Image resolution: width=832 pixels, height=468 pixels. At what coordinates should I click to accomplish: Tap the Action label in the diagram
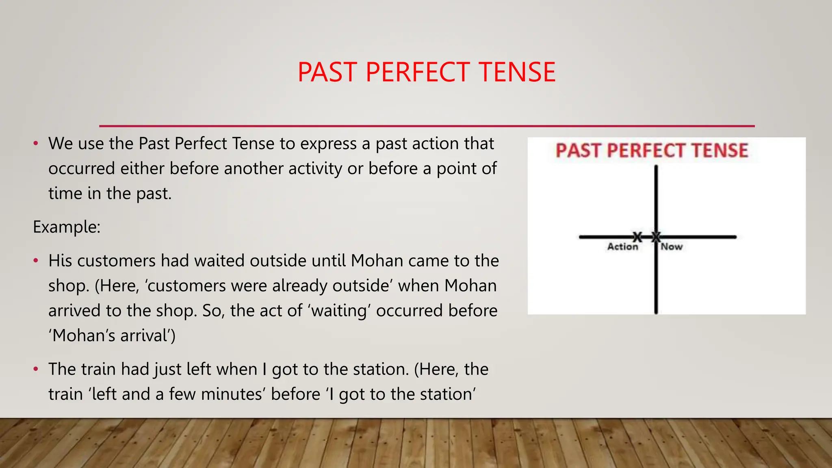click(x=622, y=247)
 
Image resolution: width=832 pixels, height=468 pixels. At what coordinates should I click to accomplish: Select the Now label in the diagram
click(x=672, y=247)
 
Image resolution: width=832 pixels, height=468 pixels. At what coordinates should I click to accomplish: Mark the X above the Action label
click(x=637, y=237)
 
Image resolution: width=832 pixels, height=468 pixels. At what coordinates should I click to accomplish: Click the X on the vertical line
click(x=656, y=237)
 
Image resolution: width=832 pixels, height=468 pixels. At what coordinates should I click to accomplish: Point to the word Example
click(x=66, y=227)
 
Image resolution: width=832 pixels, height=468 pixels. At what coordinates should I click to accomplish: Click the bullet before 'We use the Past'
click(x=36, y=143)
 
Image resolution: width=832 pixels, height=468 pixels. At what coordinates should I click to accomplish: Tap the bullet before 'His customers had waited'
click(x=36, y=260)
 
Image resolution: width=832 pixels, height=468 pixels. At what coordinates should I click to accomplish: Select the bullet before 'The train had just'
click(x=36, y=369)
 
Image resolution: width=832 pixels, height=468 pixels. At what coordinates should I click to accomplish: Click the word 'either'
click(x=143, y=169)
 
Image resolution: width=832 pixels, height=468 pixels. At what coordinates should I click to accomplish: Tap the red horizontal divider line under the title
click(x=427, y=126)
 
